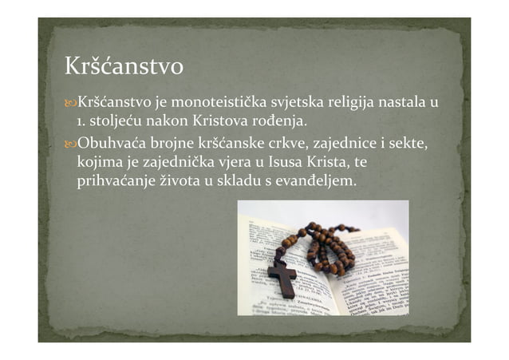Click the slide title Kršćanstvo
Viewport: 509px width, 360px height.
[124, 66]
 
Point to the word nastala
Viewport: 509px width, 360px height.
[403, 103]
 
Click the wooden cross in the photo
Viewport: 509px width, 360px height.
[282, 275]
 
